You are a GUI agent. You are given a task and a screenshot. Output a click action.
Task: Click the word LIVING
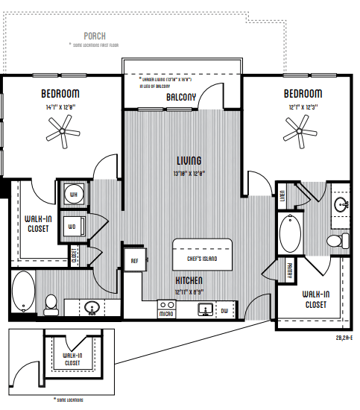189,160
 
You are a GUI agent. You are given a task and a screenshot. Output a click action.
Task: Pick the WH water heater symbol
73,195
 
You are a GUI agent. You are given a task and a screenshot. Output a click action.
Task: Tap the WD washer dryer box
73,226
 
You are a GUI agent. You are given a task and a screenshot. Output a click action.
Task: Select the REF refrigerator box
135,261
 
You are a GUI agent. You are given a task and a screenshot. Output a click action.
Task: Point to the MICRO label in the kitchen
165,315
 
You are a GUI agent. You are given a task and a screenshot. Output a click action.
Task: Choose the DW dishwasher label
224,310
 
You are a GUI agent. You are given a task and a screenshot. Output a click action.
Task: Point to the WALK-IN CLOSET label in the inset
72,359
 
